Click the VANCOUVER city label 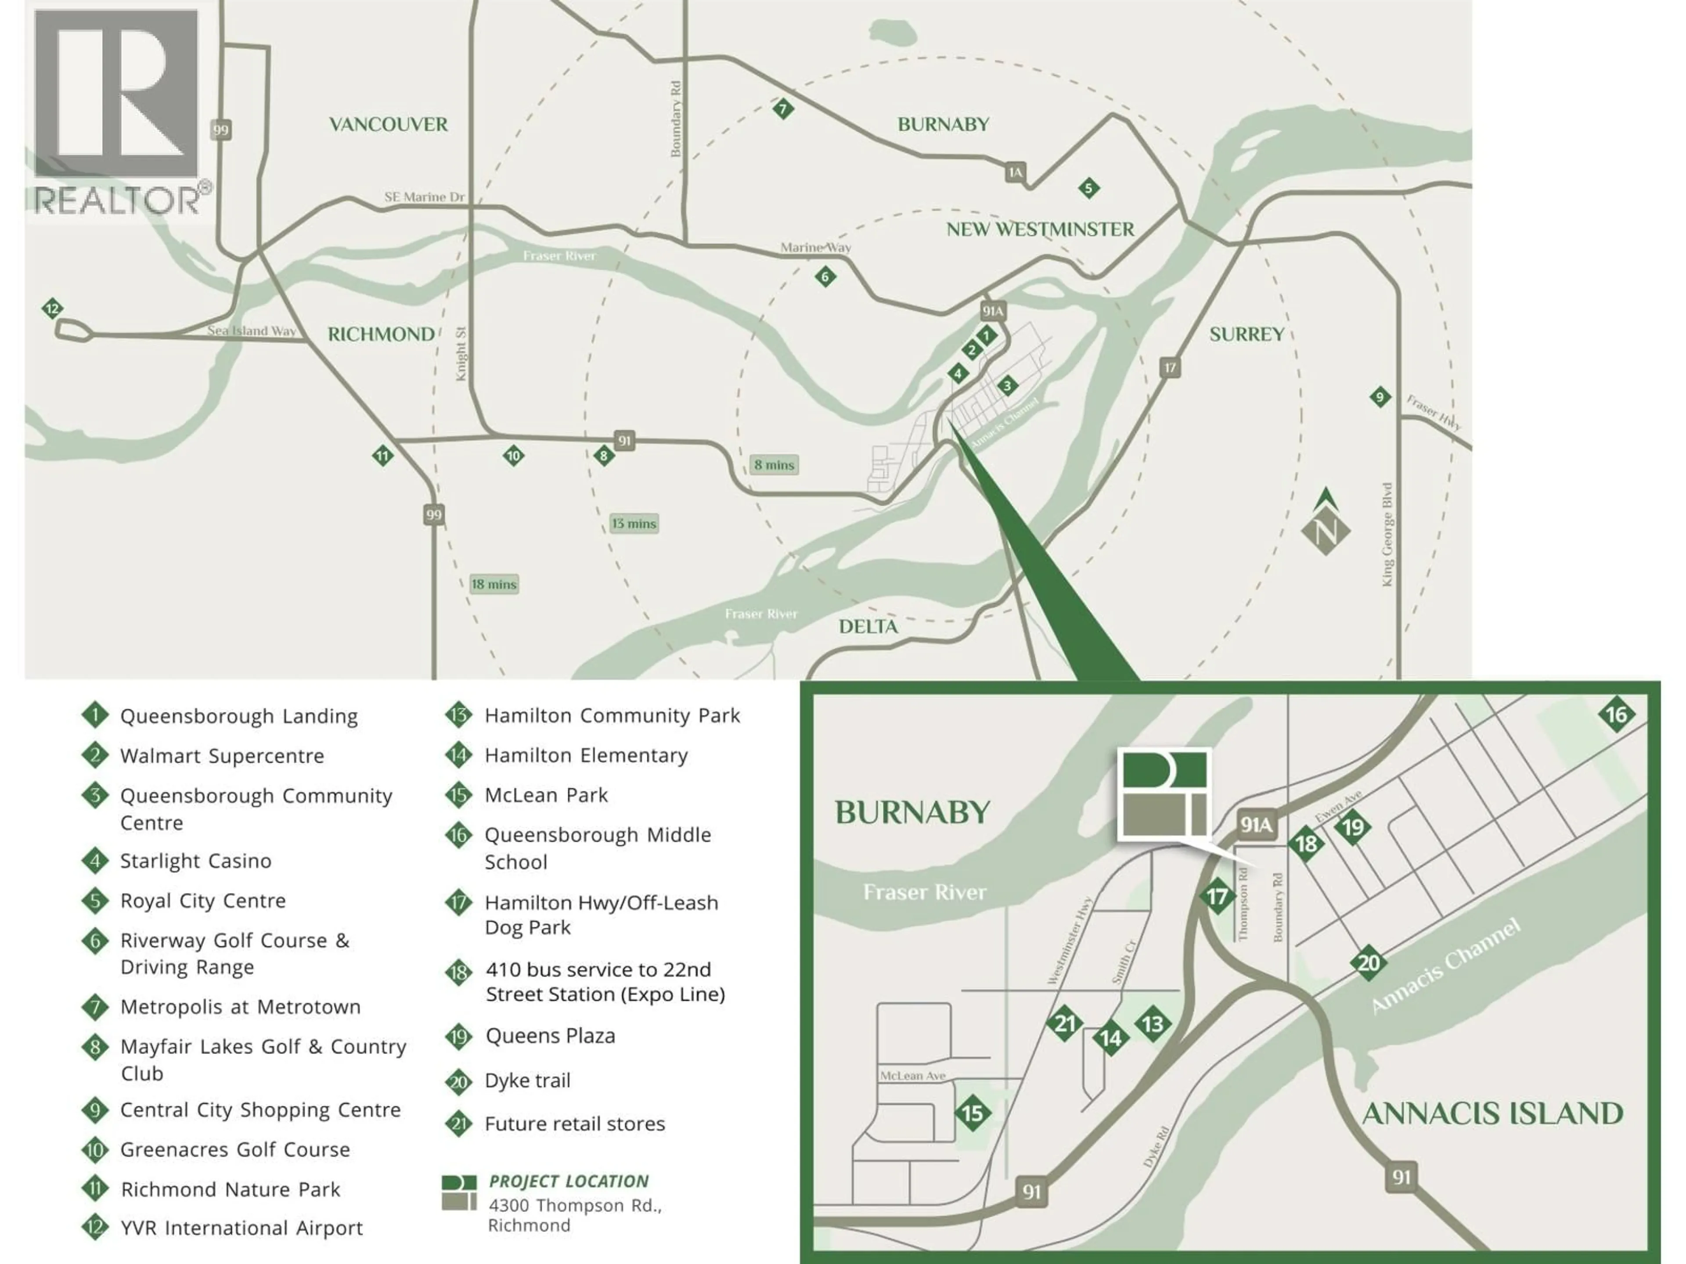388,124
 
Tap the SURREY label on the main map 1246,334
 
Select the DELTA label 868,626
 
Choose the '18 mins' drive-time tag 494,585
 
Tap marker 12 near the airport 52,309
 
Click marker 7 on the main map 783,108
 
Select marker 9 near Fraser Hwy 1380,397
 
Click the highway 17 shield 1169,368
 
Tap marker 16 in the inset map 1616,715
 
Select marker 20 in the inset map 1368,963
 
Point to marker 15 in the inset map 973,1113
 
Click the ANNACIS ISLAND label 1491,1113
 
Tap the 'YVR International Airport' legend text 241,1228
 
